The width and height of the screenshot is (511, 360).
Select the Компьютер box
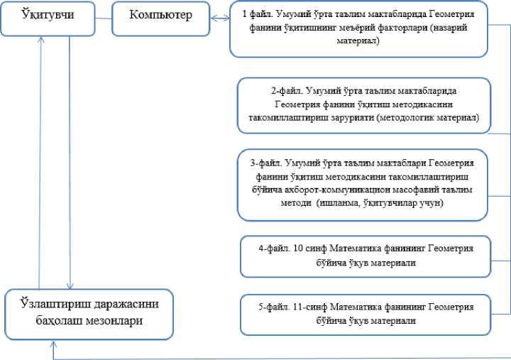161,16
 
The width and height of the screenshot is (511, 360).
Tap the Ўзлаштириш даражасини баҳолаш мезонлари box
89,312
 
